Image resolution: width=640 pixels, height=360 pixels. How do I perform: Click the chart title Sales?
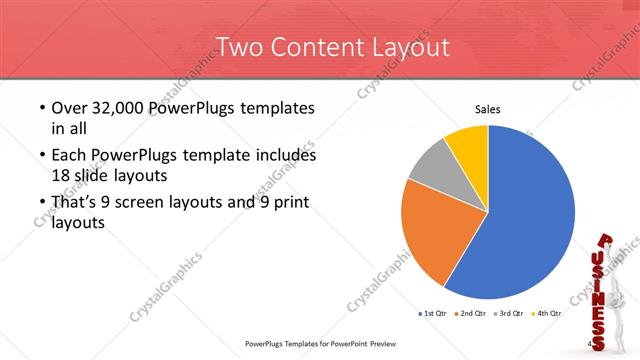pyautogui.click(x=487, y=110)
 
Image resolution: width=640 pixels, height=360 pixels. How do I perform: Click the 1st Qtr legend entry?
pyautogui.click(x=431, y=314)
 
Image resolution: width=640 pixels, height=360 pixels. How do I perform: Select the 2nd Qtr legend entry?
pyautogui.click(x=473, y=314)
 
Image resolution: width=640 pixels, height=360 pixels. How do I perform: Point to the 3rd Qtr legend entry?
pyautogui.click(x=514, y=314)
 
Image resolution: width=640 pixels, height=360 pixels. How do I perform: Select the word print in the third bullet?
pyautogui.click(x=287, y=203)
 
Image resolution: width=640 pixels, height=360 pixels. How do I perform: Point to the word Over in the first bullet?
pyautogui.click(x=67, y=108)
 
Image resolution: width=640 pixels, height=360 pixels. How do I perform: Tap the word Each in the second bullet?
pyautogui.click(x=68, y=156)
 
